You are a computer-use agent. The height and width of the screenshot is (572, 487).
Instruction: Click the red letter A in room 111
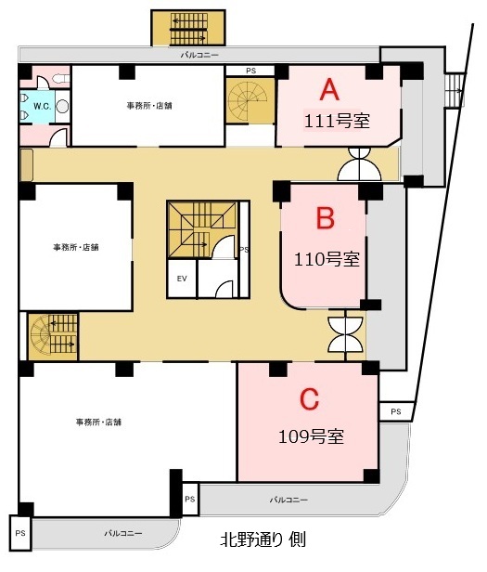pyautogui.click(x=329, y=90)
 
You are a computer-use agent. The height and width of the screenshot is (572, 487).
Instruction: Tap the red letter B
pyautogui.click(x=326, y=218)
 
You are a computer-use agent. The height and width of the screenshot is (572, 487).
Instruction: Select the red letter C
pyautogui.click(x=309, y=398)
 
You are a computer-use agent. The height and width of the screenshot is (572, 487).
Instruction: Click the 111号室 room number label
pyautogui.click(x=337, y=121)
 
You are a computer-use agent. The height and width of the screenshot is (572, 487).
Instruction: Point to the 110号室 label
pyautogui.click(x=327, y=259)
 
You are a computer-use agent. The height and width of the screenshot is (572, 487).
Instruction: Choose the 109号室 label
pyautogui.click(x=311, y=436)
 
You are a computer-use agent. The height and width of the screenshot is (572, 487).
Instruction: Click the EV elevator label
pyautogui.click(x=182, y=279)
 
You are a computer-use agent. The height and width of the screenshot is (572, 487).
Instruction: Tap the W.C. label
pyautogui.click(x=43, y=107)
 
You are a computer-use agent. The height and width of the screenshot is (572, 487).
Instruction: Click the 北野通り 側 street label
pyautogui.click(x=263, y=539)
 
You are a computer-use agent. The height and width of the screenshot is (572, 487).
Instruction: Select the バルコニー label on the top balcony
pyautogui.click(x=199, y=56)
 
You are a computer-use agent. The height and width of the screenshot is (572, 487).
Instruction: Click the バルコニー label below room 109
pyautogui.click(x=288, y=500)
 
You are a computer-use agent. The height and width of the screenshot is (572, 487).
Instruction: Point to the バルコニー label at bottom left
pyautogui.click(x=122, y=533)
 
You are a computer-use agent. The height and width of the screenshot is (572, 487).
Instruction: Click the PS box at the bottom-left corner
pyautogui.click(x=20, y=533)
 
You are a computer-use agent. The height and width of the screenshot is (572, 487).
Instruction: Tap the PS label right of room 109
pyautogui.click(x=396, y=412)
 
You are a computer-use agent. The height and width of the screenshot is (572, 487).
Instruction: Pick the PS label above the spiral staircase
pyautogui.click(x=250, y=71)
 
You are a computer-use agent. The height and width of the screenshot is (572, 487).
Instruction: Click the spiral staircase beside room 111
pyautogui.click(x=250, y=100)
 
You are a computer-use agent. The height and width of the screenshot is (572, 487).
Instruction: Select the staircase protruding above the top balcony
pyautogui.click(x=188, y=28)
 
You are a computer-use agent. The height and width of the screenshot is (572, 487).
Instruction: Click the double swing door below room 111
pyautogui.click(x=360, y=164)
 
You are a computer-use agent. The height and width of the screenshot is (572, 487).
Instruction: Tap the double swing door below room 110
pyautogui.click(x=346, y=334)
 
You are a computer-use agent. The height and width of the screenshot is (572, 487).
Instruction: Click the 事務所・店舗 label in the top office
pyautogui.click(x=149, y=106)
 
